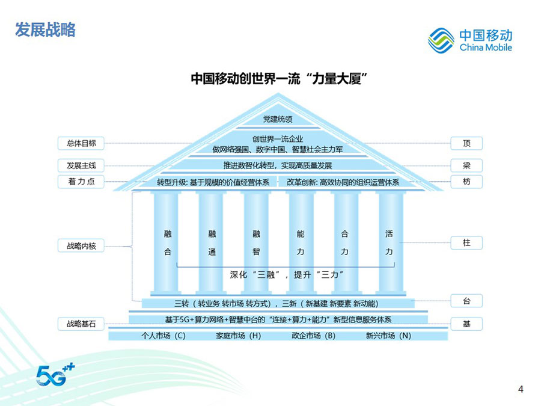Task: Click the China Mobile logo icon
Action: click(441, 40)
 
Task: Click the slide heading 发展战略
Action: click(46, 30)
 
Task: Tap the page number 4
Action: click(521, 389)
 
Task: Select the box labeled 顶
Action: click(466, 143)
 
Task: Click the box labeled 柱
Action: click(466, 243)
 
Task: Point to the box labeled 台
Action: click(466, 301)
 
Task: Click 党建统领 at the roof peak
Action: click(277, 119)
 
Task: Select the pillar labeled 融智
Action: click(256, 243)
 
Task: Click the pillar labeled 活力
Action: click(389, 243)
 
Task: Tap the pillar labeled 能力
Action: click(301, 243)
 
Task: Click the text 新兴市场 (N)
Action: click(388, 336)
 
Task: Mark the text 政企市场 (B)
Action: click(313, 336)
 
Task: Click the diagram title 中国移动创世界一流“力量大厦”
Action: click(278, 79)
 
